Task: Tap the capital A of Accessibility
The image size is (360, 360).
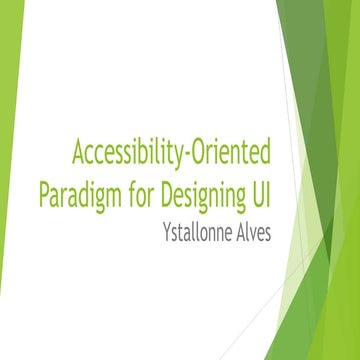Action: [x=77, y=153]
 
